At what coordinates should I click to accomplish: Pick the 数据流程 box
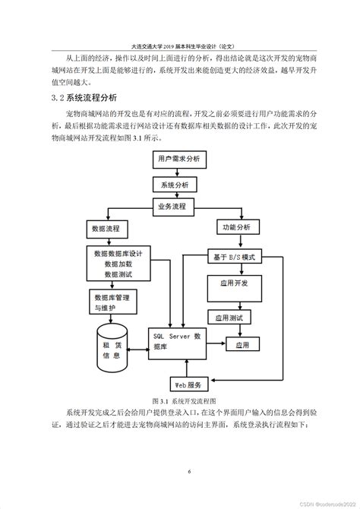tap(108, 228)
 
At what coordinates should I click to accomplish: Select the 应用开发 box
tap(237, 289)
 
